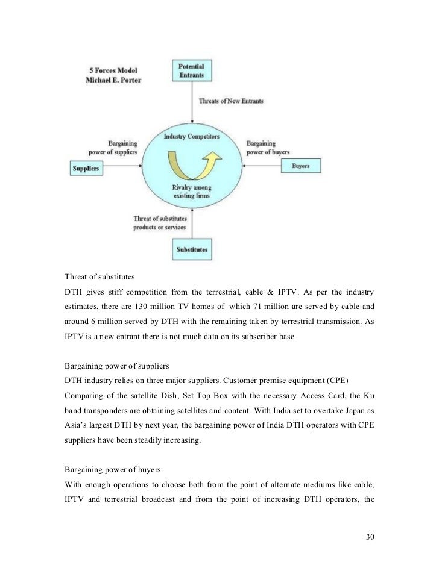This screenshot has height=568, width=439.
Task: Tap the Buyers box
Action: coord(300,166)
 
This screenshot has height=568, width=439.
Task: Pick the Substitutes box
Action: coord(191,248)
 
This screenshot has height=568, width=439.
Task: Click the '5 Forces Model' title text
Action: coord(110,69)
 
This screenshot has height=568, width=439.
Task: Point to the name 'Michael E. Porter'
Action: coord(113,80)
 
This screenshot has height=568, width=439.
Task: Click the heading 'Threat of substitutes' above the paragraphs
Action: coord(99,278)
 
